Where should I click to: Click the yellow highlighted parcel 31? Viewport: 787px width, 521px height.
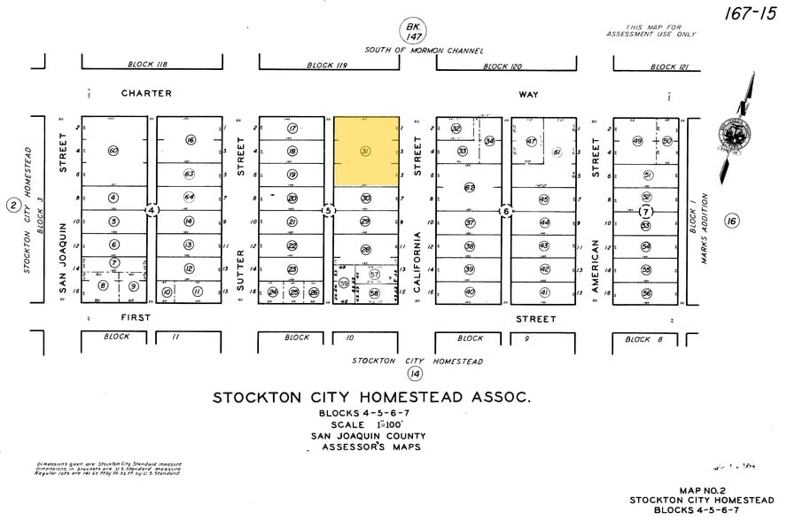(365, 151)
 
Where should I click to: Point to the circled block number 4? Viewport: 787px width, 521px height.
(152, 210)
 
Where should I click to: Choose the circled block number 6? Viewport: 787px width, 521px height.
(505, 211)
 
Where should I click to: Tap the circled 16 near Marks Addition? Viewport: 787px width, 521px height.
(731, 221)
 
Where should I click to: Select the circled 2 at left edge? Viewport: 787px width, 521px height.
(12, 206)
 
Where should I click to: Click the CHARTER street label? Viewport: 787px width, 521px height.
(146, 93)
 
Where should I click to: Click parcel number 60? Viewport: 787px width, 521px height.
(113, 151)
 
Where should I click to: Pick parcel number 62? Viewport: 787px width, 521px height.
(470, 187)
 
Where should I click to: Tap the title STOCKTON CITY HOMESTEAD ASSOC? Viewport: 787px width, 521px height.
(371, 398)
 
